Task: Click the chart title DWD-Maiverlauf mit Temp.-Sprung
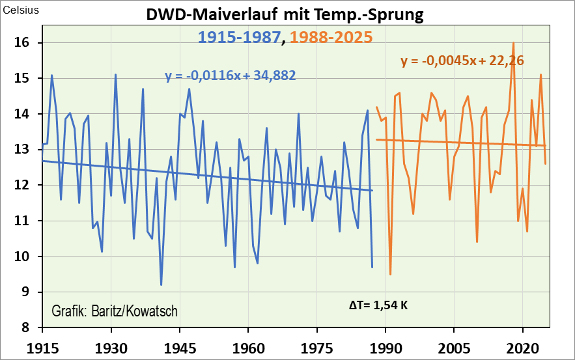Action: (x=284, y=15)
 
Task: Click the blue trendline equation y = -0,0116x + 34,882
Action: (x=231, y=76)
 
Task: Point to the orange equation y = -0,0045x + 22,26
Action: (x=462, y=61)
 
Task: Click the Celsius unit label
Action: (x=21, y=10)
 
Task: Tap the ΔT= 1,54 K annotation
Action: (x=378, y=304)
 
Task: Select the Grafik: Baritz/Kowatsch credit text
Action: (x=114, y=311)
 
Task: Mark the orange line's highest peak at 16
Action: (x=514, y=43)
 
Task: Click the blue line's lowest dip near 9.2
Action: (x=161, y=284)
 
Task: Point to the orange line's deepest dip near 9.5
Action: (x=390, y=274)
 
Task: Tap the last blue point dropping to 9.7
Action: (x=372, y=267)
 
